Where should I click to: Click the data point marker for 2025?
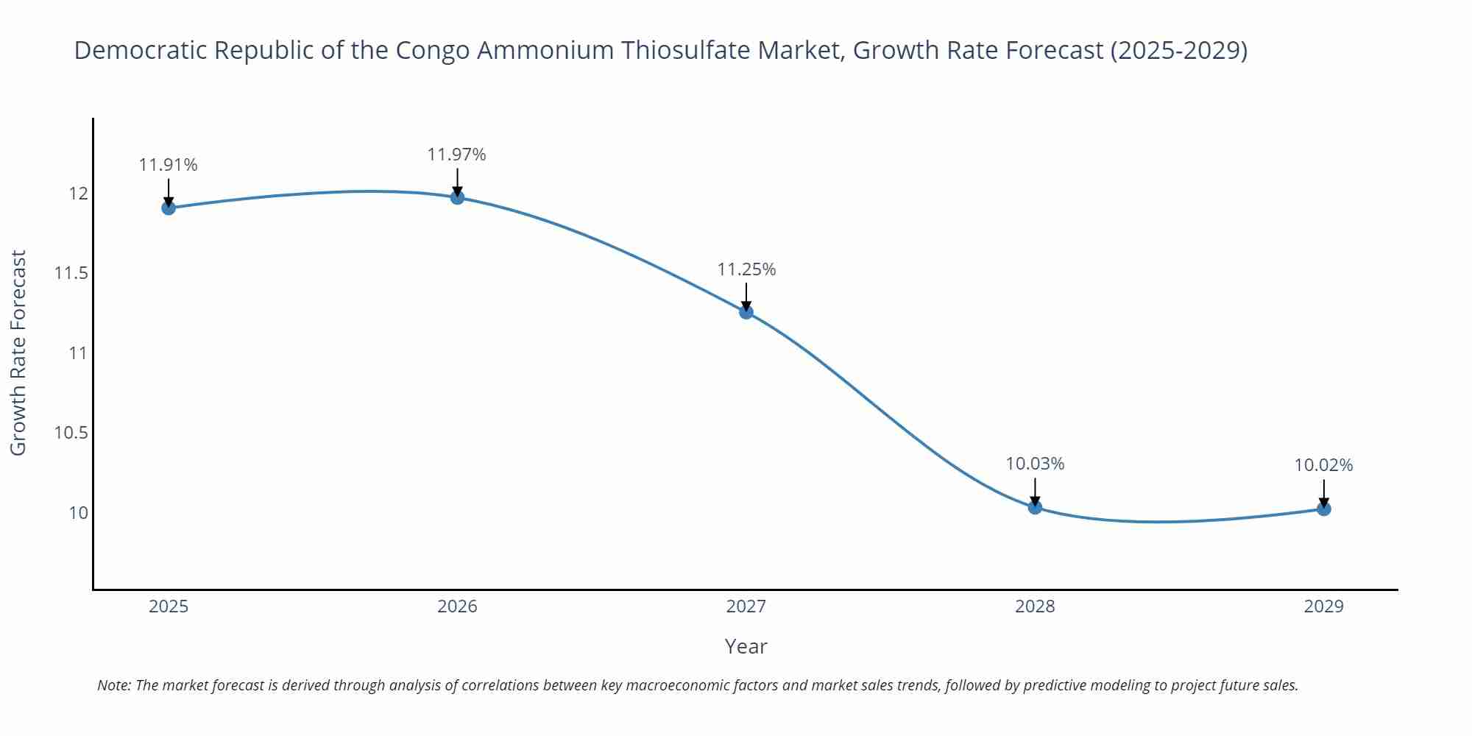point(169,208)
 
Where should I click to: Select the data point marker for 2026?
point(457,197)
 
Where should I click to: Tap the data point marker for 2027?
point(746,312)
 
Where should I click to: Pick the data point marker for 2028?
point(1035,507)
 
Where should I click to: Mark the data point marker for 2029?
point(1323,509)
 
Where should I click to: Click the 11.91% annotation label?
point(169,165)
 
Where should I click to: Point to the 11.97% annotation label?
point(457,155)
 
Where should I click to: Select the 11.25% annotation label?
point(746,269)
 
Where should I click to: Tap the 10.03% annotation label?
point(1035,464)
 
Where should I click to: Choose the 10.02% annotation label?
point(1323,465)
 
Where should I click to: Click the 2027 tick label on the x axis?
point(746,606)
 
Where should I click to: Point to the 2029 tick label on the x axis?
point(1323,606)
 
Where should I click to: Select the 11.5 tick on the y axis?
point(71,274)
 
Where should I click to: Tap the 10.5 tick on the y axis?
point(71,433)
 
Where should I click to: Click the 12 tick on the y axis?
point(78,194)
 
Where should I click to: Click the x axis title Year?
point(746,646)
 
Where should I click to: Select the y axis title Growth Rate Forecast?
point(18,353)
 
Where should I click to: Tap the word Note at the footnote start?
point(113,685)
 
